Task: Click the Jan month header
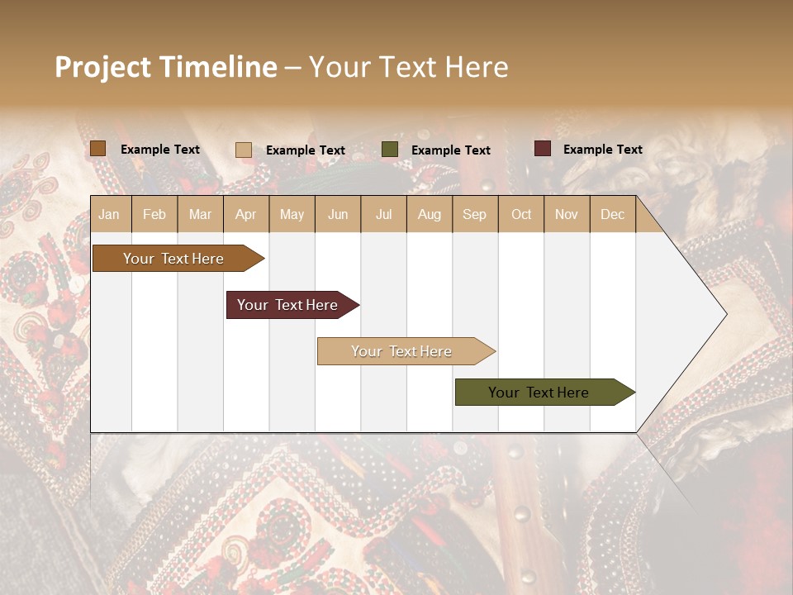coord(109,214)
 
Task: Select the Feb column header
coord(154,214)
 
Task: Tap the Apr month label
coord(245,214)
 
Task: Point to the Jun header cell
coord(338,214)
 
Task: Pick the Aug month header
coord(429,214)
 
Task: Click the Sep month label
coord(474,214)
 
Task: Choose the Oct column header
coord(521,214)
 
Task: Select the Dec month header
coord(612,214)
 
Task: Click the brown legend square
coord(98,149)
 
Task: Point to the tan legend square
coord(244,150)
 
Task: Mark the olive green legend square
coord(390,149)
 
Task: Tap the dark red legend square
coord(542,149)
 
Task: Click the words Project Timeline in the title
coord(166,67)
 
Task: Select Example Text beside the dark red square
coord(602,150)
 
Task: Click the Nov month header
coord(566,214)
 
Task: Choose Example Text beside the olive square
coord(450,150)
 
